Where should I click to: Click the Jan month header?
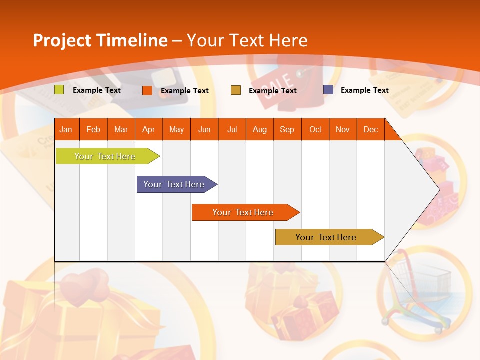pyautogui.click(x=66, y=130)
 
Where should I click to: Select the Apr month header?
pyautogui.click(x=148, y=130)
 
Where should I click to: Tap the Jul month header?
pyautogui.click(x=232, y=130)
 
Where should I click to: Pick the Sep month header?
pyautogui.click(x=287, y=130)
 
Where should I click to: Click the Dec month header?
pyautogui.click(x=370, y=130)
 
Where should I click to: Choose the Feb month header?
pyautogui.click(x=93, y=130)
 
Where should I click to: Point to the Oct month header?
pyautogui.click(x=315, y=130)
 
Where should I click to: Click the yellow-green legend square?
pyautogui.click(x=59, y=90)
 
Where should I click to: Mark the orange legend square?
pyautogui.click(x=147, y=90)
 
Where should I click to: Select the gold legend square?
pyautogui.click(x=236, y=90)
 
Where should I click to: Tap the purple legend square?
pyautogui.click(x=328, y=90)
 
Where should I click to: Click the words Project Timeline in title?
pyautogui.click(x=100, y=40)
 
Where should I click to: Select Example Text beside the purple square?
pyautogui.click(x=364, y=90)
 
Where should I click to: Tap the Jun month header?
pyautogui.click(x=204, y=130)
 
